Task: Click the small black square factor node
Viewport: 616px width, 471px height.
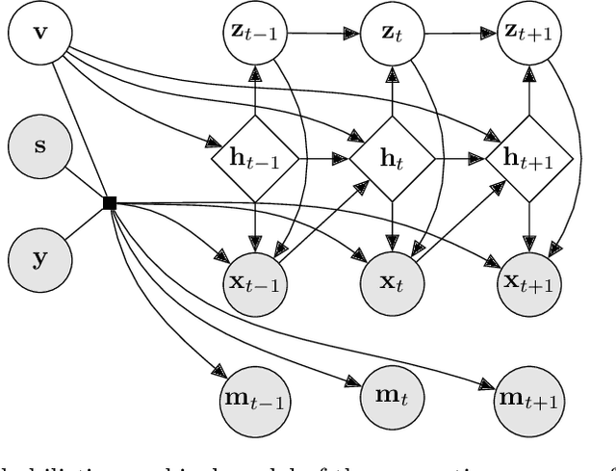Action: point(110,202)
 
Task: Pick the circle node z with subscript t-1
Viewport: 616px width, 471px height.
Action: point(254,33)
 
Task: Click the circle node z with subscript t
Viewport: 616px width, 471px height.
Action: point(391,33)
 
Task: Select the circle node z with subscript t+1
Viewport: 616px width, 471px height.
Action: point(527,33)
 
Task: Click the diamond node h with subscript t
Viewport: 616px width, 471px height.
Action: point(391,157)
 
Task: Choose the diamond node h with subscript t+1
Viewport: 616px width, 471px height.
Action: point(527,157)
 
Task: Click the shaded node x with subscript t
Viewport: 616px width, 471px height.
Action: point(391,282)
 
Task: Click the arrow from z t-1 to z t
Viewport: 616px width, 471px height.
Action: point(322,33)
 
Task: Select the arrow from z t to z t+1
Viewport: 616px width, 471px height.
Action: point(459,33)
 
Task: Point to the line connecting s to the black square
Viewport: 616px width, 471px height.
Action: point(88,186)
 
